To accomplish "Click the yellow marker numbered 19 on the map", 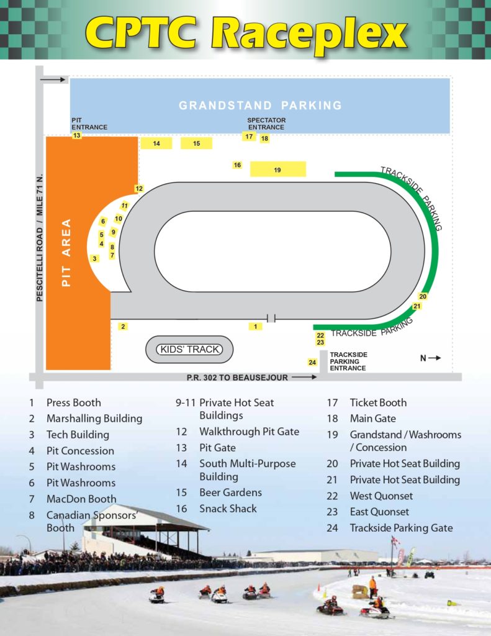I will (277, 170).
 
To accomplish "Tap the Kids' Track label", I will (189, 350).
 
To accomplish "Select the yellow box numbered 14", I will (156, 143).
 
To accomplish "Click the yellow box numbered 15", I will (196, 143).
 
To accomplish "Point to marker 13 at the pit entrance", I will (77, 135).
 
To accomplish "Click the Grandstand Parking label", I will (260, 106).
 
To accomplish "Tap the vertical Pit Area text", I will (67, 252).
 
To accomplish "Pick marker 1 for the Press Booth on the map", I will (255, 326).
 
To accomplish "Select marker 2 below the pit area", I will (123, 327).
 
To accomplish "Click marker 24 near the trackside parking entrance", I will (312, 363).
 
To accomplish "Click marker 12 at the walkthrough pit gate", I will (139, 189).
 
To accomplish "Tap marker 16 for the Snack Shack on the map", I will (237, 165).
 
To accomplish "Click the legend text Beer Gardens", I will (230, 493).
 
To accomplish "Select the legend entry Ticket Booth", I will (378, 402).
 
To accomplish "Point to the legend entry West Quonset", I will (381, 496).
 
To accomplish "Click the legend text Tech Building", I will (78, 435).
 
